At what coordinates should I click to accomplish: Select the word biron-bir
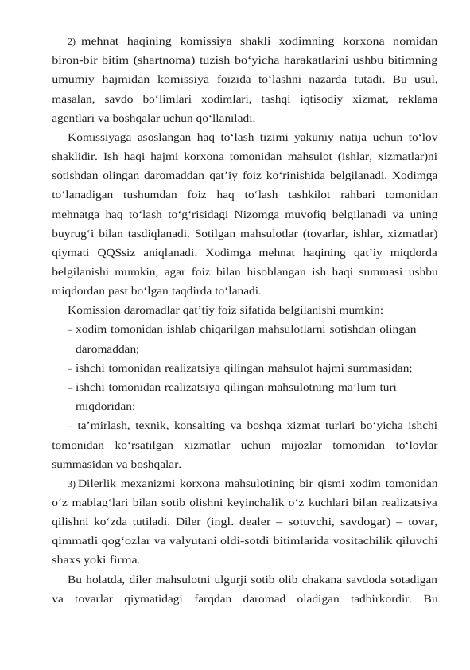click(74, 60)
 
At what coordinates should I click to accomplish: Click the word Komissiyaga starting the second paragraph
click(101, 135)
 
